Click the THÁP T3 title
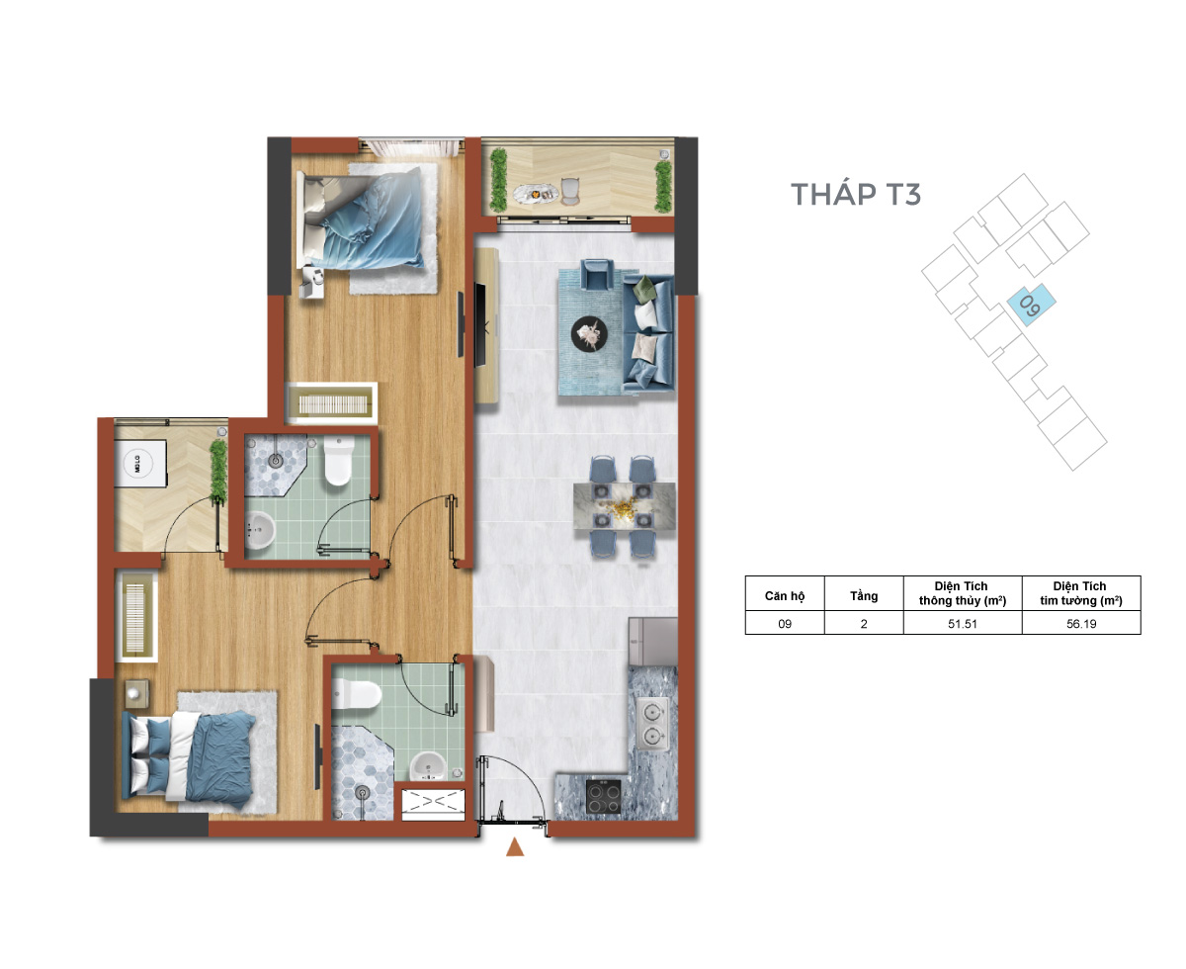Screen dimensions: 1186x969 pos(855,193)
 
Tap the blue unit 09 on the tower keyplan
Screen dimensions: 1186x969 pos(1030,304)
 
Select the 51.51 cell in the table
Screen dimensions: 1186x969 pos(963,624)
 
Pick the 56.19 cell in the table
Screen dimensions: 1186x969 pos(1081,624)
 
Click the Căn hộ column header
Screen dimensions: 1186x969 pos(785,596)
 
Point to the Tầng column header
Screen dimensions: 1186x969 pos(863,596)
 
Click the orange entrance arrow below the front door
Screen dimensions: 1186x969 pos(515,847)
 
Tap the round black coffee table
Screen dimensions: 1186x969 pos(589,333)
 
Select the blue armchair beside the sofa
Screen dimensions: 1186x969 pos(597,274)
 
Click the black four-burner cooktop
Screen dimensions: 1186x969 pos(604,796)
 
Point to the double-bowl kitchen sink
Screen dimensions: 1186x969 pos(652,724)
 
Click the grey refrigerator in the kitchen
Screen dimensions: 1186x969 pos(652,642)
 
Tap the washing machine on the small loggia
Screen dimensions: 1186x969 pos(139,464)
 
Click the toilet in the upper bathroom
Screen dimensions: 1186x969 pos(338,461)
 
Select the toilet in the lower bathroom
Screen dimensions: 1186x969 pos(356,695)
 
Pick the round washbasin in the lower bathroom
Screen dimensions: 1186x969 pos(429,766)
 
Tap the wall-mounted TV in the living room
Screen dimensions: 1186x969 pos(480,325)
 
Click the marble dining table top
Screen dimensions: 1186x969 pos(625,506)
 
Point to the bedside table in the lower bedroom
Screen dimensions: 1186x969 pos(136,694)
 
